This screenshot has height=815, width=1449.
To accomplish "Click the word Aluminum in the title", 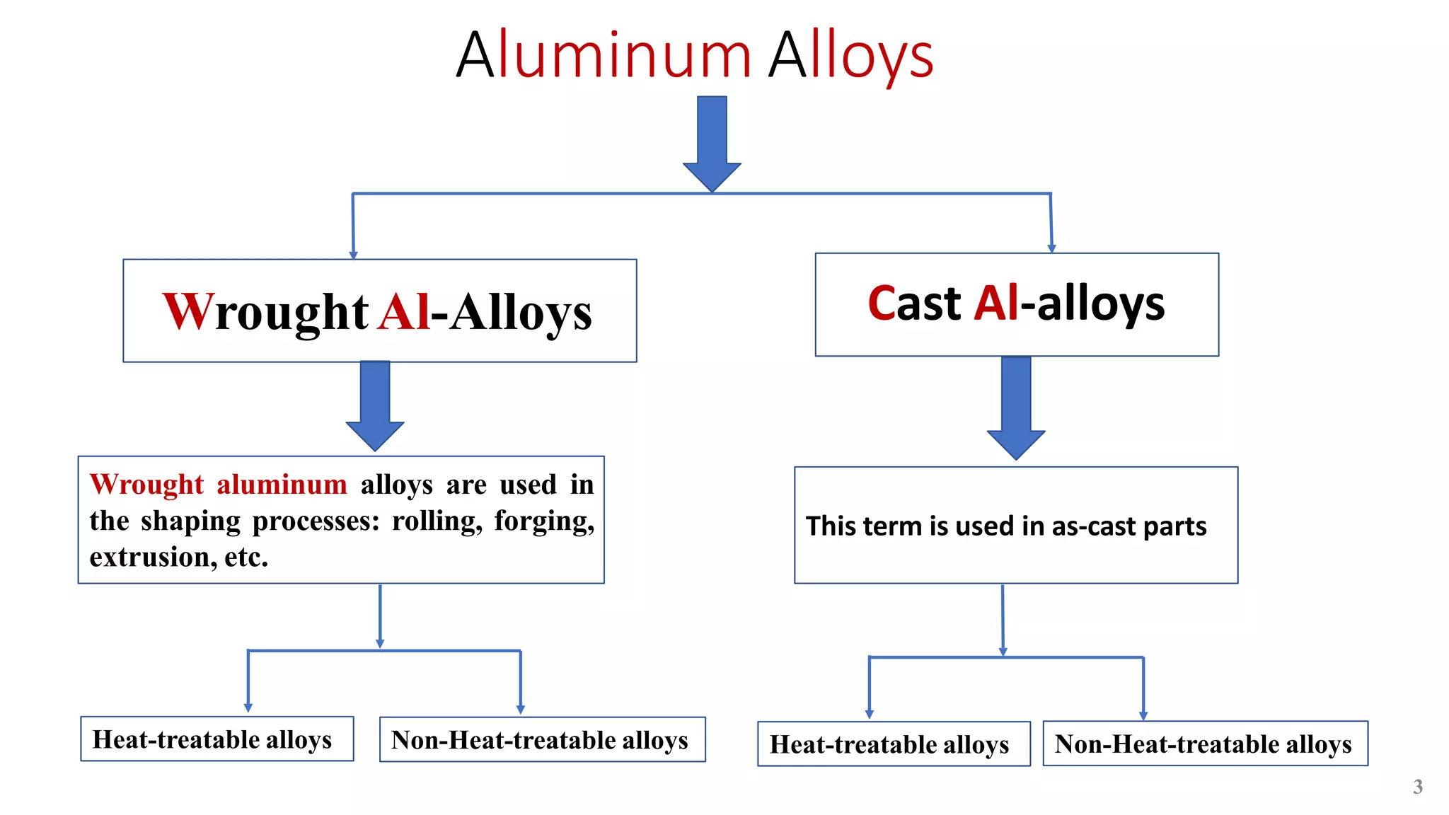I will pyautogui.click(x=604, y=55).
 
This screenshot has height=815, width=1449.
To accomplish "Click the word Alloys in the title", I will pyautogui.click(x=851, y=57).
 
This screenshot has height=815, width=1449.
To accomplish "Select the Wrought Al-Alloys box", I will pyautogui.click(x=379, y=311).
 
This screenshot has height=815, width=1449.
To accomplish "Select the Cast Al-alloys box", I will pyautogui.click(x=1017, y=304).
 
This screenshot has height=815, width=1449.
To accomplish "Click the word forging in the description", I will pyautogui.click(x=541, y=521).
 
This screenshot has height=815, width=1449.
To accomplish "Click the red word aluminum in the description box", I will pyautogui.click(x=282, y=485).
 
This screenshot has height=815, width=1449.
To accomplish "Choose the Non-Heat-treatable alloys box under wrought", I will pyautogui.click(x=542, y=740).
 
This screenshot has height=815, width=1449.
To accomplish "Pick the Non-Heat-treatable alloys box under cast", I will pyautogui.click(x=1205, y=744).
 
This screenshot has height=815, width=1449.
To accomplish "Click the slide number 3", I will pyautogui.click(x=1417, y=787).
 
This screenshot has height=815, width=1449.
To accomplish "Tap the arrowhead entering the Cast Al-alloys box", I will pyautogui.click(x=1051, y=248).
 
